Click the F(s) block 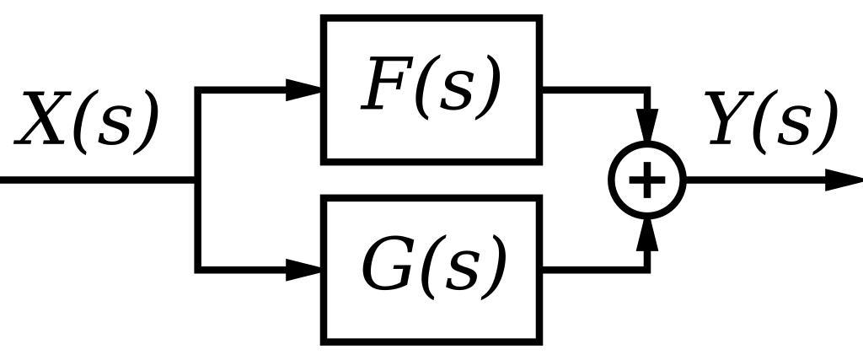431,89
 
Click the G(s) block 431,269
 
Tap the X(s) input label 87,121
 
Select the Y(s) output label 772,121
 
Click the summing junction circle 647,180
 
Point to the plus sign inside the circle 647,180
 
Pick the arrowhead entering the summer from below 647,234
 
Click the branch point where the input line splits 198,180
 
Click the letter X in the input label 42,121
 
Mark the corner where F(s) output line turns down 647,89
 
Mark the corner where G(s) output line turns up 647,270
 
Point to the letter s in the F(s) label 453,91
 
